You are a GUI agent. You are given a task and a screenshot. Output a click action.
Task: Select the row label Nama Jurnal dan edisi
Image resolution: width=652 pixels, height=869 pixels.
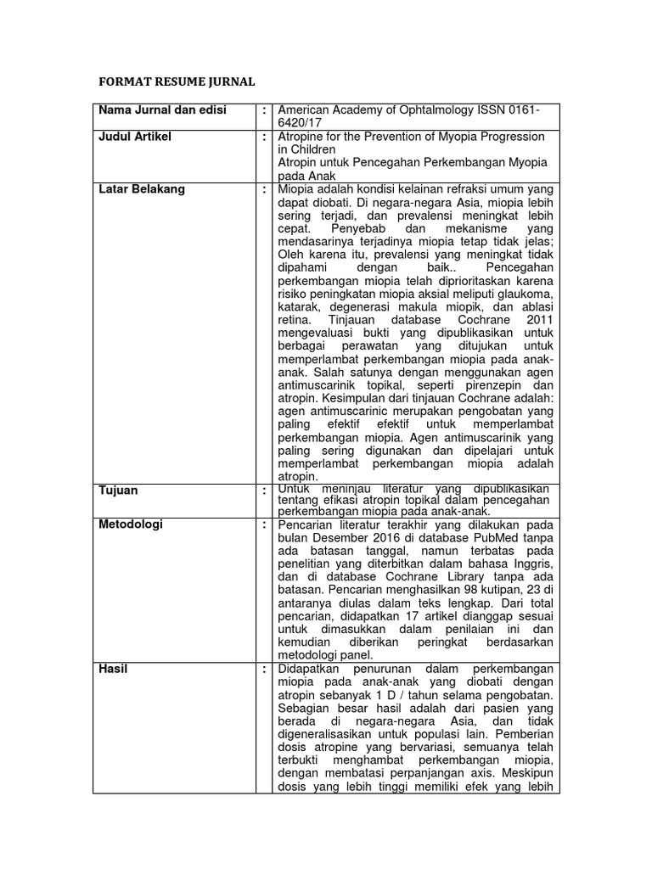[162, 111]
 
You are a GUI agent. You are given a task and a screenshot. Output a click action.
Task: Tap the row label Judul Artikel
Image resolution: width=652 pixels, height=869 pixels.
[138, 137]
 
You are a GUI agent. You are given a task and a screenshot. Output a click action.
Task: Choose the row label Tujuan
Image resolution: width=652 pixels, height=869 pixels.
[118, 491]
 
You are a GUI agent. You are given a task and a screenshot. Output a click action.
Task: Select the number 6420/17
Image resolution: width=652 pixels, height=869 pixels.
[305, 124]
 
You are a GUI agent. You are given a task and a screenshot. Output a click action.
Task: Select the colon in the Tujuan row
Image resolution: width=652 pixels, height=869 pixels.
[265, 491]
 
